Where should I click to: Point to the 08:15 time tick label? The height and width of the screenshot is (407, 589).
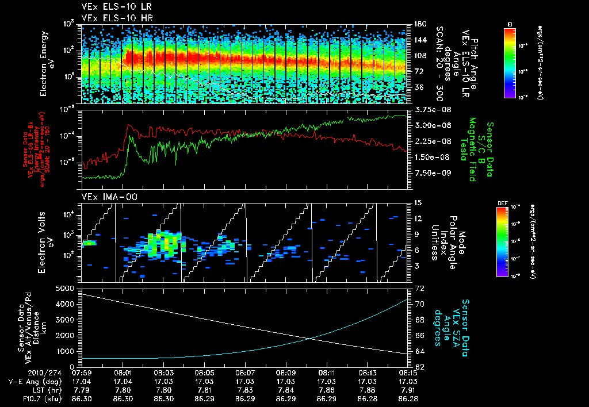click(x=407, y=373)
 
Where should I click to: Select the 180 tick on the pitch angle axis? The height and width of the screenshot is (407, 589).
click(x=419, y=24)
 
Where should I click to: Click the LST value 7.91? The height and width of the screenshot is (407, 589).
click(x=407, y=389)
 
